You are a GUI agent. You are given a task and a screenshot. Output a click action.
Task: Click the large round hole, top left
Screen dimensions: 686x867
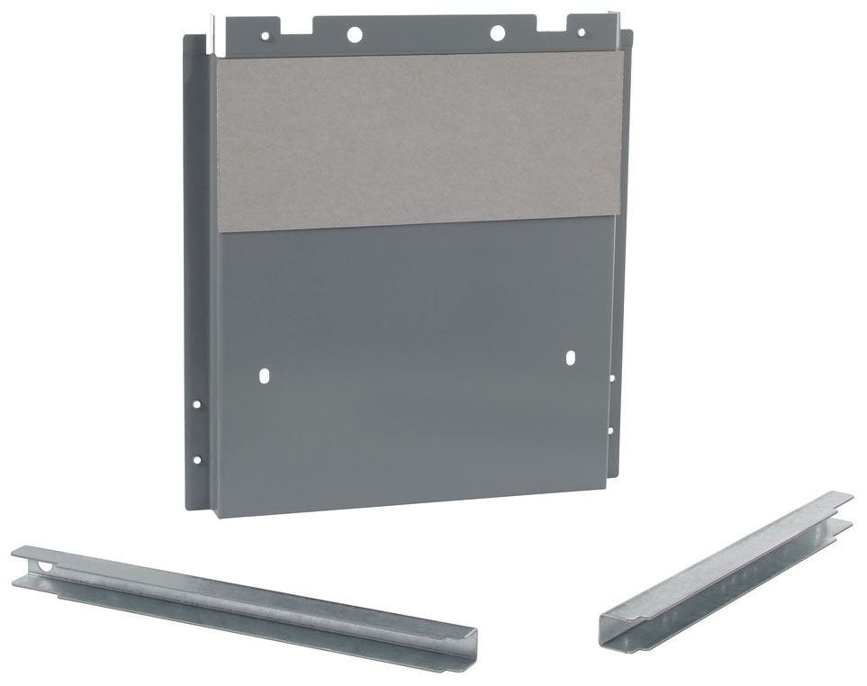tap(354, 34)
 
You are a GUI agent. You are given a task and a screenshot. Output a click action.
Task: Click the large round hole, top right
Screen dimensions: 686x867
tap(496, 33)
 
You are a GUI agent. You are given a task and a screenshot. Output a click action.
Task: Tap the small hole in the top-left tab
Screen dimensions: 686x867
tap(265, 37)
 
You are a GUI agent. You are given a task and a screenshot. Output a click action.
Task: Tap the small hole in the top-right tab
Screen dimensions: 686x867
tap(581, 33)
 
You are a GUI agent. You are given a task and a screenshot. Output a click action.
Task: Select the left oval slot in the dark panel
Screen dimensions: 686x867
tap(263, 374)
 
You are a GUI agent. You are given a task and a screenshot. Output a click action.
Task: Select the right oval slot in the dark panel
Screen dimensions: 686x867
tap(570, 358)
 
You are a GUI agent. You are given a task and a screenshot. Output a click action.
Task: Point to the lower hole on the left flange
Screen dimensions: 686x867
tap(197, 460)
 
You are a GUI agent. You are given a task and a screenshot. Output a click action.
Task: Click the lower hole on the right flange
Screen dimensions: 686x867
tap(611, 430)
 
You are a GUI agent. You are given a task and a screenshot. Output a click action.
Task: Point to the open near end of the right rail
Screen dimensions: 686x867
tap(615, 628)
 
